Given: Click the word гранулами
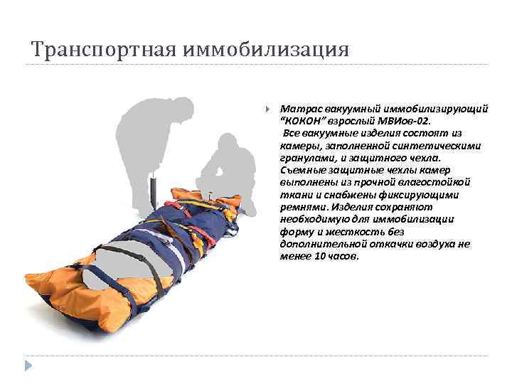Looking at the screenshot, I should tap(304, 158).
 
